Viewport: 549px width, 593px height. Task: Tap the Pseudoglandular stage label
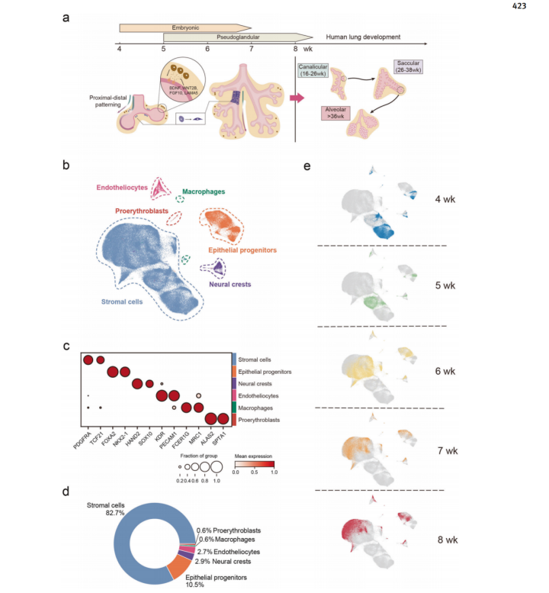coord(236,36)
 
